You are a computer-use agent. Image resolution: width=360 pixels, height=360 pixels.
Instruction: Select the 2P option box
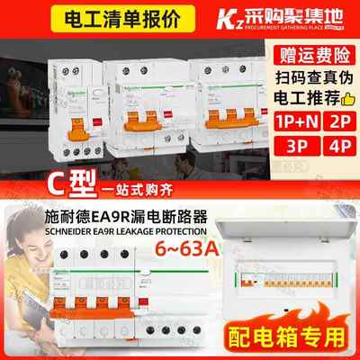(343, 120)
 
